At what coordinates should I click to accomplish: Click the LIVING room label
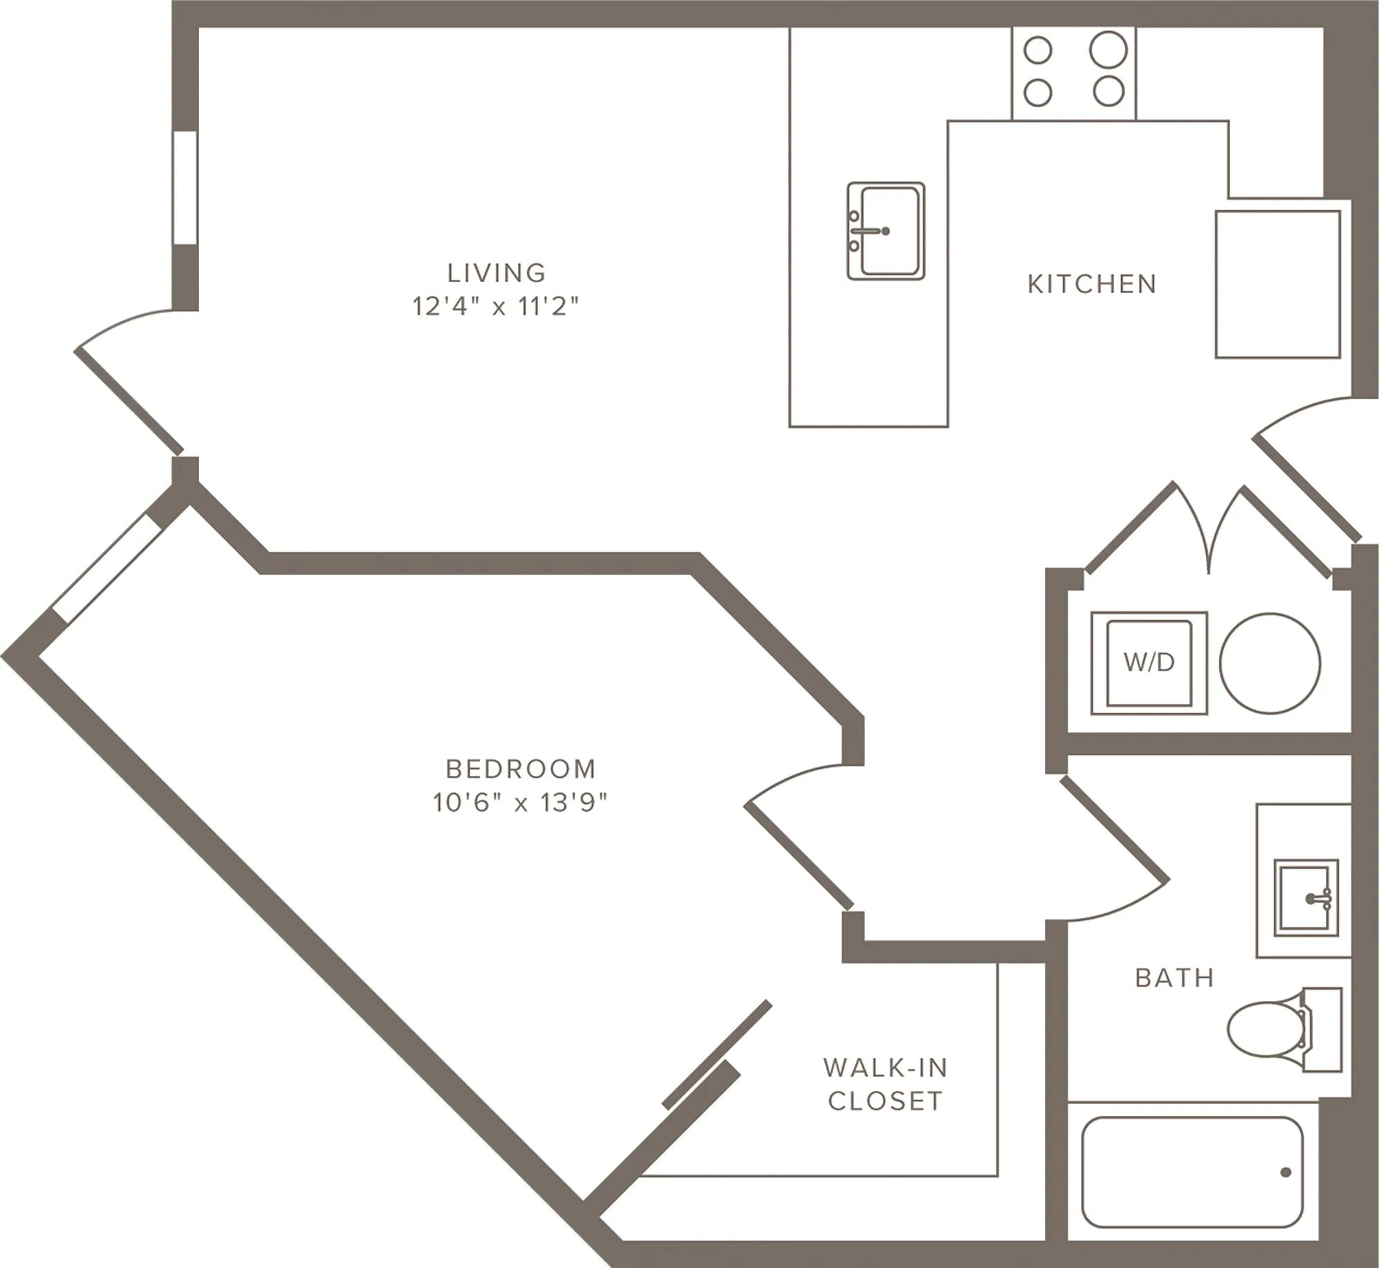pyautogui.click(x=496, y=272)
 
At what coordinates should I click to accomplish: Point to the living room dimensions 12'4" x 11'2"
pyautogui.click(x=496, y=306)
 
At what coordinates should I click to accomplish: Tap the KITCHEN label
pyautogui.click(x=1092, y=284)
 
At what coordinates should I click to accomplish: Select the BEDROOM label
pyautogui.click(x=521, y=769)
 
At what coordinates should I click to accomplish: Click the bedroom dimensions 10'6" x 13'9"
pyautogui.click(x=520, y=802)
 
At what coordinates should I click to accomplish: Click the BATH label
pyautogui.click(x=1175, y=978)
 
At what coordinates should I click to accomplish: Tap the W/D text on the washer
pyautogui.click(x=1149, y=662)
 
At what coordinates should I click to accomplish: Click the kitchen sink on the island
pyautogui.click(x=886, y=231)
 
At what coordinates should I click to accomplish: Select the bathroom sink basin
pyautogui.click(x=1306, y=898)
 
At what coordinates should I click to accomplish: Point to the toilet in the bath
pyautogui.click(x=1284, y=1029)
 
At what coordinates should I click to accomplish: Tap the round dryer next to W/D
pyautogui.click(x=1270, y=663)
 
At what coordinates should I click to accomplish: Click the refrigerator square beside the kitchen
pyautogui.click(x=1278, y=285)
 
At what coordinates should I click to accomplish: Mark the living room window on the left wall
pyautogui.click(x=185, y=187)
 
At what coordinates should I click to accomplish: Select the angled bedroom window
pyautogui.click(x=106, y=568)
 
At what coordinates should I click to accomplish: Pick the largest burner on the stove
pyautogui.click(x=1108, y=49)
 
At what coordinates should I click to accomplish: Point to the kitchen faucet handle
pyautogui.click(x=870, y=231)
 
